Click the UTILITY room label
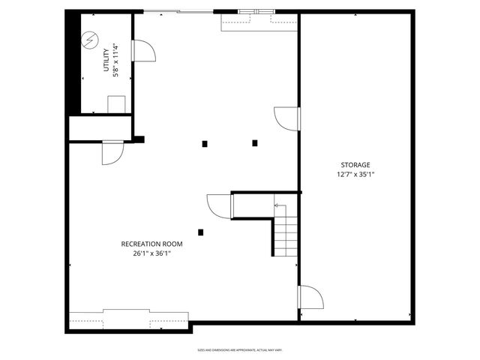tap(106, 61)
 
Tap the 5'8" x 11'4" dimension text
tap(115, 61)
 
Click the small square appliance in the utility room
tap(116, 104)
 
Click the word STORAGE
tap(355, 164)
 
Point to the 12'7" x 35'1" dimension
tap(355, 175)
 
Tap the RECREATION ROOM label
tap(151, 244)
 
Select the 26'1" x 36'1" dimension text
tap(151, 253)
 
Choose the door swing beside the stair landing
tap(219, 206)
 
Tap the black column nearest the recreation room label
tap(200, 232)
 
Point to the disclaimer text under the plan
tap(239, 350)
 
